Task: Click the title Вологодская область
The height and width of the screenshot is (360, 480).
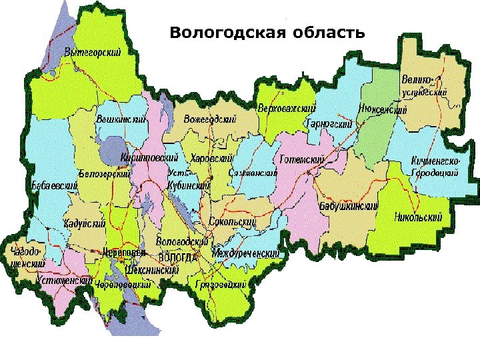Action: pos(267,32)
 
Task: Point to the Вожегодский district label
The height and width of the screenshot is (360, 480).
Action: pos(210,119)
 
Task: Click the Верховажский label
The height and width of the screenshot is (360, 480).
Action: pos(286,108)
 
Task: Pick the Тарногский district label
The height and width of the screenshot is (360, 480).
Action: pos(329,123)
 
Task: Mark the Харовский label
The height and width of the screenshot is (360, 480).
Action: pos(211,158)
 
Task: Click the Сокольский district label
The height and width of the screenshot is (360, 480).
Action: pos(233,221)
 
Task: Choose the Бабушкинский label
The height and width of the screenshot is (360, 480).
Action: pos(349,206)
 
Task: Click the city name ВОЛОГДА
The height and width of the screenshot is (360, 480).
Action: pos(179,257)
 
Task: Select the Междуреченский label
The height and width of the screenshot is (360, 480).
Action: pos(245,254)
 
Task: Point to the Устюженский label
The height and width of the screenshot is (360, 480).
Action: pos(64,280)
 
